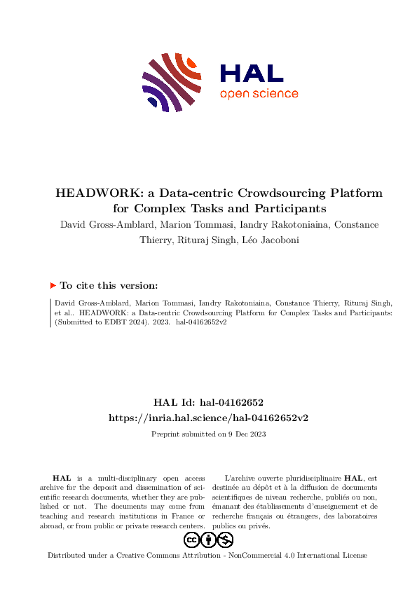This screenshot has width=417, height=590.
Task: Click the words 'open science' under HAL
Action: coord(259,94)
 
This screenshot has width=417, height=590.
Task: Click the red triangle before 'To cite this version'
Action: coord(53,285)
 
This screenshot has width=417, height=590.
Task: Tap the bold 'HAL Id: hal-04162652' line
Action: coord(208,402)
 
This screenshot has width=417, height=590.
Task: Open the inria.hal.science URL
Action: coord(208,417)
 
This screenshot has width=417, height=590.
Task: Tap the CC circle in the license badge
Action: coord(191,540)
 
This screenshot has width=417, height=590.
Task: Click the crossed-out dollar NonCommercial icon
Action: coord(225,540)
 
